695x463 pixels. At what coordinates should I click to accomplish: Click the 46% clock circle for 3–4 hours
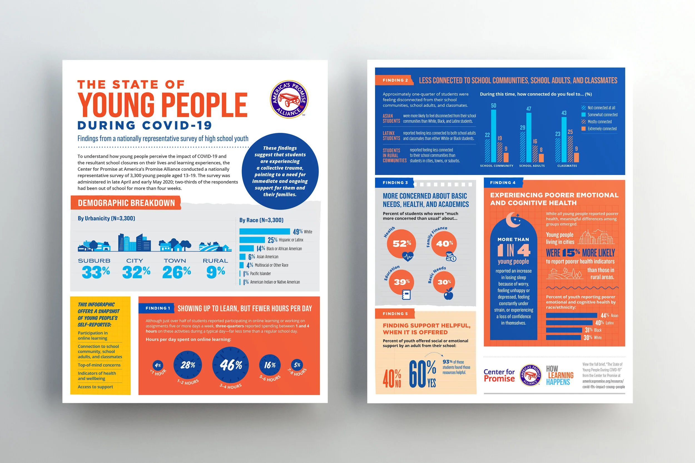[x=230, y=365]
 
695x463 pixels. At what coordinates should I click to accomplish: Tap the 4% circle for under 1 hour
[x=158, y=366]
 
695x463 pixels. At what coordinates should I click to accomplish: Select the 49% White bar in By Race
[x=264, y=231]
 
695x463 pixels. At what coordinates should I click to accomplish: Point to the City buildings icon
[x=135, y=242]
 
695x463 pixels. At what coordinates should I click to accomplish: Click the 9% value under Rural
[x=216, y=272]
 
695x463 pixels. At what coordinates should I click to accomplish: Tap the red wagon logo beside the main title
[x=289, y=99]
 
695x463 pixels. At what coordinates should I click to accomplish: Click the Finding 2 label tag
[x=395, y=80]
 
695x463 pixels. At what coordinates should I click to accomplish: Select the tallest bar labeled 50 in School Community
[x=493, y=136]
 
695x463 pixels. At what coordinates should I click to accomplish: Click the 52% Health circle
[x=401, y=244]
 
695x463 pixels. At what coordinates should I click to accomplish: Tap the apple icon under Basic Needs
[x=449, y=294]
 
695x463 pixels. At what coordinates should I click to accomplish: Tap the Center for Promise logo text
[x=499, y=375]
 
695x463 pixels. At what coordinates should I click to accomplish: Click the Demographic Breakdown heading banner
[x=126, y=203]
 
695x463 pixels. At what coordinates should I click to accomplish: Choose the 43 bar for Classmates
[x=564, y=140]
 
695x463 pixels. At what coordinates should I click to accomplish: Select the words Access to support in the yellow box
[x=95, y=387]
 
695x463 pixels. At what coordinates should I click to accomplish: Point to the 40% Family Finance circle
[x=444, y=244]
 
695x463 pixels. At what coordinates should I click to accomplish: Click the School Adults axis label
[x=532, y=166]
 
